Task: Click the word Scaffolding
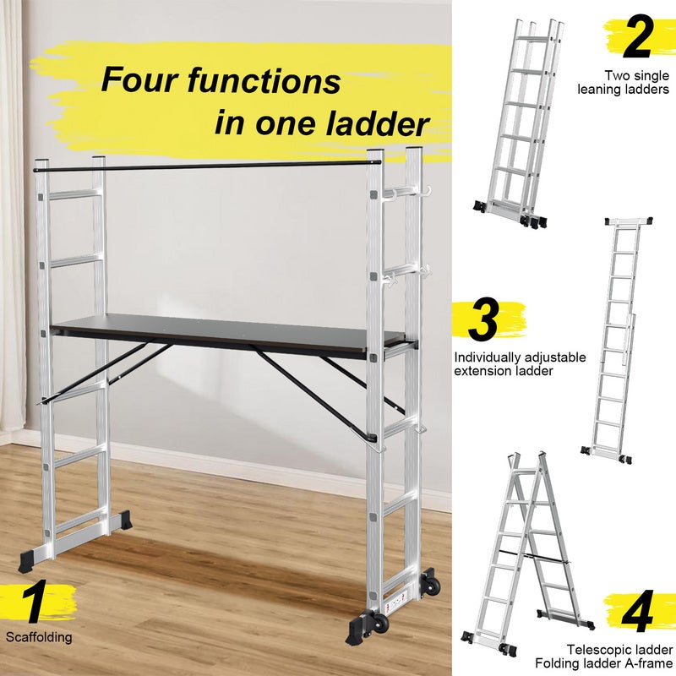point(39,637)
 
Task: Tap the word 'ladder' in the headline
point(377,123)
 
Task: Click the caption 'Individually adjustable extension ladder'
point(519,363)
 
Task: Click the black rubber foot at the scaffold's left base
point(34,559)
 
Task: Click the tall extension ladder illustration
point(615,338)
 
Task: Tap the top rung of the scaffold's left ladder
point(74,195)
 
